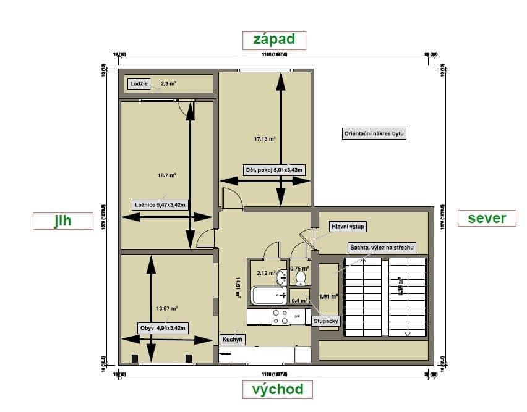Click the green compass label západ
[274, 40]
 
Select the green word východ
[278, 389]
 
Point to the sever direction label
[487, 218]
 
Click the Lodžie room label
[139, 83]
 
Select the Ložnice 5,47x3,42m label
[160, 205]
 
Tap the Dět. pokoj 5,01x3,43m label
[273, 169]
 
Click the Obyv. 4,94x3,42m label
[163, 327]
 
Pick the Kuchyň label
[233, 339]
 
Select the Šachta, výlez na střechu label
[380, 247]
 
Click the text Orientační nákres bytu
[374, 133]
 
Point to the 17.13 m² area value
[265, 139]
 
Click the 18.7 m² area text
[167, 175]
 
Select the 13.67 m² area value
[167, 308]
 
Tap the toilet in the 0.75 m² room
[301, 279]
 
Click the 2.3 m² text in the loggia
[169, 83]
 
